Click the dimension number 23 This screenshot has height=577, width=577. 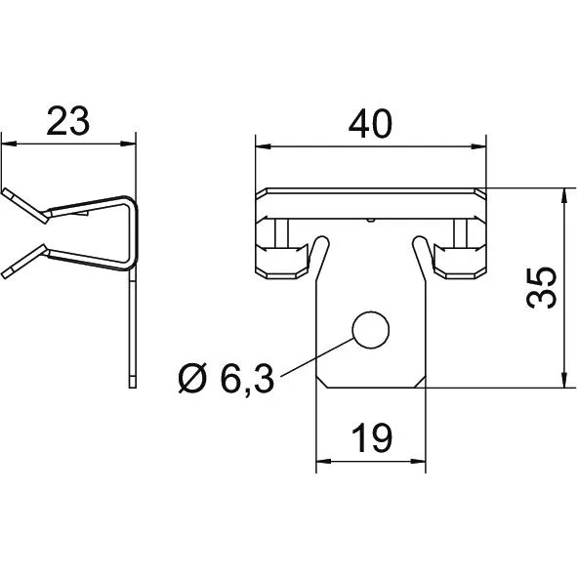tap(68, 121)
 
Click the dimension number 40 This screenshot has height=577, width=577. tap(370, 124)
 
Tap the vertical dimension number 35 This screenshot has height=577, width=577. tap(541, 288)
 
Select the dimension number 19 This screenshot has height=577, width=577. tap(372, 437)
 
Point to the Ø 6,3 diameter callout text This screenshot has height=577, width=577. tap(227, 378)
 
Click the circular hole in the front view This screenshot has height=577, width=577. tap(371, 330)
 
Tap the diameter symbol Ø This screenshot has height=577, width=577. tap(191, 379)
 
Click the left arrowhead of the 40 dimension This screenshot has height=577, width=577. tap(262, 147)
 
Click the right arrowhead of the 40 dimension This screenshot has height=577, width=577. tap(479, 147)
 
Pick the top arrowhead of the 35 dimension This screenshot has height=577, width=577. tap(563, 194)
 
